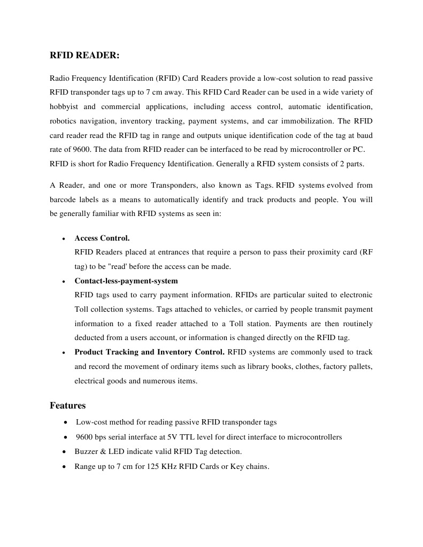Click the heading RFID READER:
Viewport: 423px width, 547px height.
pos(84,55)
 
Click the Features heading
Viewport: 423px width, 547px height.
pos(67,405)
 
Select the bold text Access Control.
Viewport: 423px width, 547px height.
pos(102,238)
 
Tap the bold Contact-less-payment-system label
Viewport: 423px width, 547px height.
pos(126,281)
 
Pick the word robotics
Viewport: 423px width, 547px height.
pos(63,121)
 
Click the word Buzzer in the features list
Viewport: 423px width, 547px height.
pos(86,452)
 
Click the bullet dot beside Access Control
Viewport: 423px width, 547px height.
pos(64,238)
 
